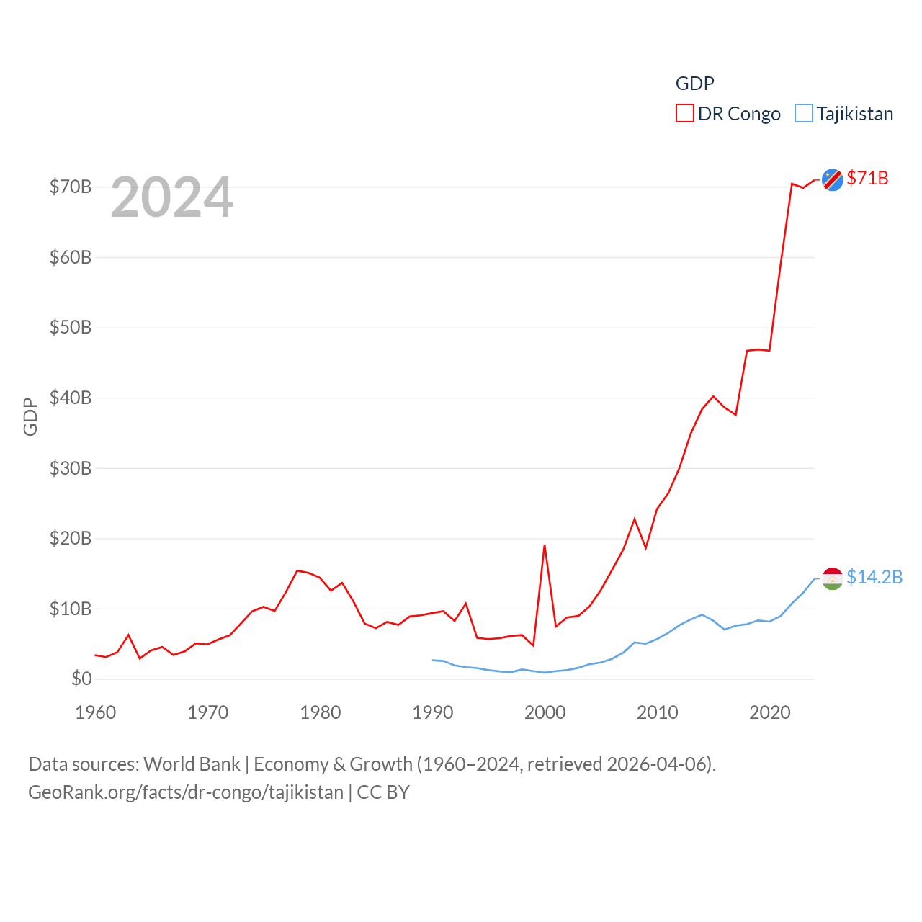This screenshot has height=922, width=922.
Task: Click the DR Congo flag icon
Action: pyautogui.click(x=832, y=179)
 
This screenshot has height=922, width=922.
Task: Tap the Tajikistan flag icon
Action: pyautogui.click(x=832, y=578)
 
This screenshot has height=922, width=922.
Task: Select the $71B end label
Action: pyautogui.click(x=867, y=178)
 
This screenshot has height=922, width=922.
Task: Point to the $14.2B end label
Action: pyautogui.click(x=874, y=577)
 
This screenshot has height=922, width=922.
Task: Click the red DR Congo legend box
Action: pyautogui.click(x=684, y=114)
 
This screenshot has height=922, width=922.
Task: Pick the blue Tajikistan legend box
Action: pyautogui.click(x=803, y=114)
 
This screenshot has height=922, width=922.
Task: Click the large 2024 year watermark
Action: pyautogui.click(x=172, y=197)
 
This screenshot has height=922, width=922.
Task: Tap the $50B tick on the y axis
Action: pyautogui.click(x=71, y=327)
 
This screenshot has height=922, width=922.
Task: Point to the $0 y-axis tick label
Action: pyautogui.click(x=81, y=679)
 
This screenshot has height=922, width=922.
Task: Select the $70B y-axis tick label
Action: pyautogui.click(x=71, y=187)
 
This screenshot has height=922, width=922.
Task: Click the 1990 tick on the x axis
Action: pyautogui.click(x=433, y=712)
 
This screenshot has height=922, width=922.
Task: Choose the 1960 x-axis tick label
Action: pyautogui.click(x=96, y=712)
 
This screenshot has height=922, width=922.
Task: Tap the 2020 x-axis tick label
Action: pyautogui.click(x=770, y=712)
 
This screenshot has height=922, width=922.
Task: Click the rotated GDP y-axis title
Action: pyautogui.click(x=30, y=416)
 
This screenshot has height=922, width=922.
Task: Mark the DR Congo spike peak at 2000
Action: pyautogui.click(x=545, y=545)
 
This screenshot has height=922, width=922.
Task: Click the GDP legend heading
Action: pyautogui.click(x=694, y=84)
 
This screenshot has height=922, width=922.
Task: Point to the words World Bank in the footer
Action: pyautogui.click(x=192, y=764)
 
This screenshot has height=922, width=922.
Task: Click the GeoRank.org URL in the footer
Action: pyautogui.click(x=186, y=792)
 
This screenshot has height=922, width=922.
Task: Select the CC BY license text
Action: pyautogui.click(x=383, y=792)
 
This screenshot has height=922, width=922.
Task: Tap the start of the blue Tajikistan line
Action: pyautogui.click(x=433, y=660)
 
